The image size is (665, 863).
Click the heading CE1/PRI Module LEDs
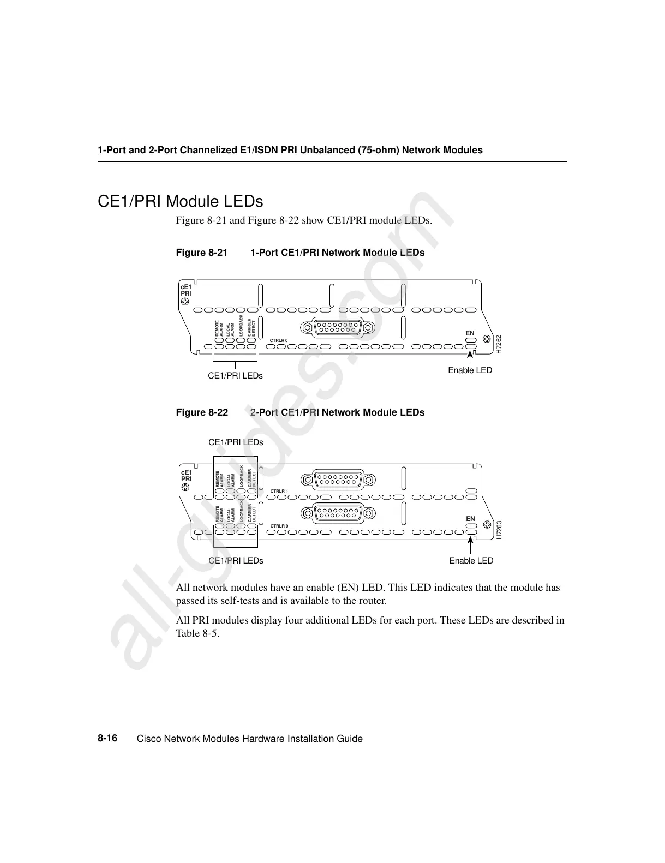click(x=180, y=201)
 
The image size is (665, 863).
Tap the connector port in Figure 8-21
click(x=337, y=328)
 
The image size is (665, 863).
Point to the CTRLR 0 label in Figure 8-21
click(x=279, y=341)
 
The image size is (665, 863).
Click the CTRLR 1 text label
click(x=279, y=492)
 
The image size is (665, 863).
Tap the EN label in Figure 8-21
click(x=470, y=333)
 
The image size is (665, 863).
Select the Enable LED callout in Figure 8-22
click(x=471, y=561)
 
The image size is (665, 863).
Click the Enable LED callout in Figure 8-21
click(x=470, y=370)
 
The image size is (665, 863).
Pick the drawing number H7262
click(x=498, y=345)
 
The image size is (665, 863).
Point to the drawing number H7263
click(x=498, y=530)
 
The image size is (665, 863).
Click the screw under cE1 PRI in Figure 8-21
click(x=185, y=301)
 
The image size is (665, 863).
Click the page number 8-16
click(x=107, y=739)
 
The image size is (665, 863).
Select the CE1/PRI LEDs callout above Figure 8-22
click(x=236, y=442)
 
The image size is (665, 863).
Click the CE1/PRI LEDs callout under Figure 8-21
click(x=235, y=376)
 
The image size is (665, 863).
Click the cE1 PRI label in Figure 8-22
click(x=186, y=475)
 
